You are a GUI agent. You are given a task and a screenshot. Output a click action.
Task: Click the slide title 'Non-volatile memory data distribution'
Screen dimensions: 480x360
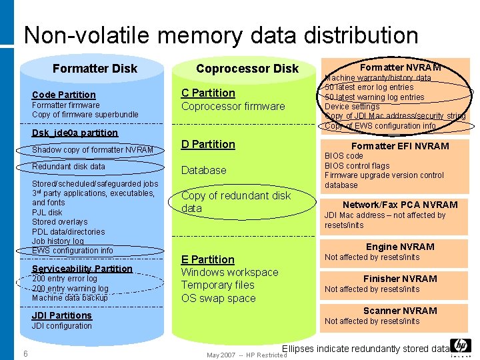pyautogui.click(x=221, y=35)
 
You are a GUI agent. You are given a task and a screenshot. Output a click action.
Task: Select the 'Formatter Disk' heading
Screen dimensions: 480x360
pyautogui.click(x=95, y=68)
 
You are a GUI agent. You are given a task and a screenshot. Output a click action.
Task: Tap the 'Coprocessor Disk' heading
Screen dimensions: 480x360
pyautogui.click(x=247, y=68)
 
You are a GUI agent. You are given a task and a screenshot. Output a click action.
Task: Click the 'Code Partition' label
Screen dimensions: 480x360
pyautogui.click(x=64, y=95)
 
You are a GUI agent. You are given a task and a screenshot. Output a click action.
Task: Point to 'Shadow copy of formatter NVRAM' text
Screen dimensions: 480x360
pyautogui.click(x=93, y=149)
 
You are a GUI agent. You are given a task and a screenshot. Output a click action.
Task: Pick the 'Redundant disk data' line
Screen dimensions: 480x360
pyautogui.click(x=69, y=166)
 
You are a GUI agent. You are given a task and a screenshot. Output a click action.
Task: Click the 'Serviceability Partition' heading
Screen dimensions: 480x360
pyautogui.click(x=82, y=269)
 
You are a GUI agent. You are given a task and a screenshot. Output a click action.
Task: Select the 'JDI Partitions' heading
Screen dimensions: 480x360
pyautogui.click(x=62, y=315)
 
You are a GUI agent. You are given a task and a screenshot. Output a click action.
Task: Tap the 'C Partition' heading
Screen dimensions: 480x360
pyautogui.click(x=208, y=93)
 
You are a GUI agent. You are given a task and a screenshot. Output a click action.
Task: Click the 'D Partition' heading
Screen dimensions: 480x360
pyautogui.click(x=208, y=144)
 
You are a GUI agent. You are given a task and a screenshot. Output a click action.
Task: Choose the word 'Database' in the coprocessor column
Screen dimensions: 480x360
pyautogui.click(x=203, y=170)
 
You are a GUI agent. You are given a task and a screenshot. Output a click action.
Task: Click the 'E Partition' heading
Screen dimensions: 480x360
pyautogui.click(x=208, y=259)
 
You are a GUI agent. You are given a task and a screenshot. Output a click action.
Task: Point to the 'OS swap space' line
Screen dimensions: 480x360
pyautogui.click(x=219, y=298)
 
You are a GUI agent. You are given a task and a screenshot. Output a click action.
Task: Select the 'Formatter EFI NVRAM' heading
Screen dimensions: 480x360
pyautogui.click(x=400, y=146)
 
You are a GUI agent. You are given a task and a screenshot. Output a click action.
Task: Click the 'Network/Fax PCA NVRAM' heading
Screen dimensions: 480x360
pyautogui.click(x=400, y=205)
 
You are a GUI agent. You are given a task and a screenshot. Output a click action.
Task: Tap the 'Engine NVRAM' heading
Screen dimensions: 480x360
pyautogui.click(x=400, y=247)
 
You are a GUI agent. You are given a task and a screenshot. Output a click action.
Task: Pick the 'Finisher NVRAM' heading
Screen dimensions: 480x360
pyautogui.click(x=400, y=279)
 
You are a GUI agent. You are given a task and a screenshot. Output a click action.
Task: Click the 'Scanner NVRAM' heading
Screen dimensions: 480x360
pyautogui.click(x=400, y=311)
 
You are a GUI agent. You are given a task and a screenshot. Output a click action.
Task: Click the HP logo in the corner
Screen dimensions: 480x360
pyautogui.click(x=461, y=346)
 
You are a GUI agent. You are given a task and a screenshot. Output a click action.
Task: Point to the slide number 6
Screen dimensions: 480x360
pyautogui.click(x=25, y=353)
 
